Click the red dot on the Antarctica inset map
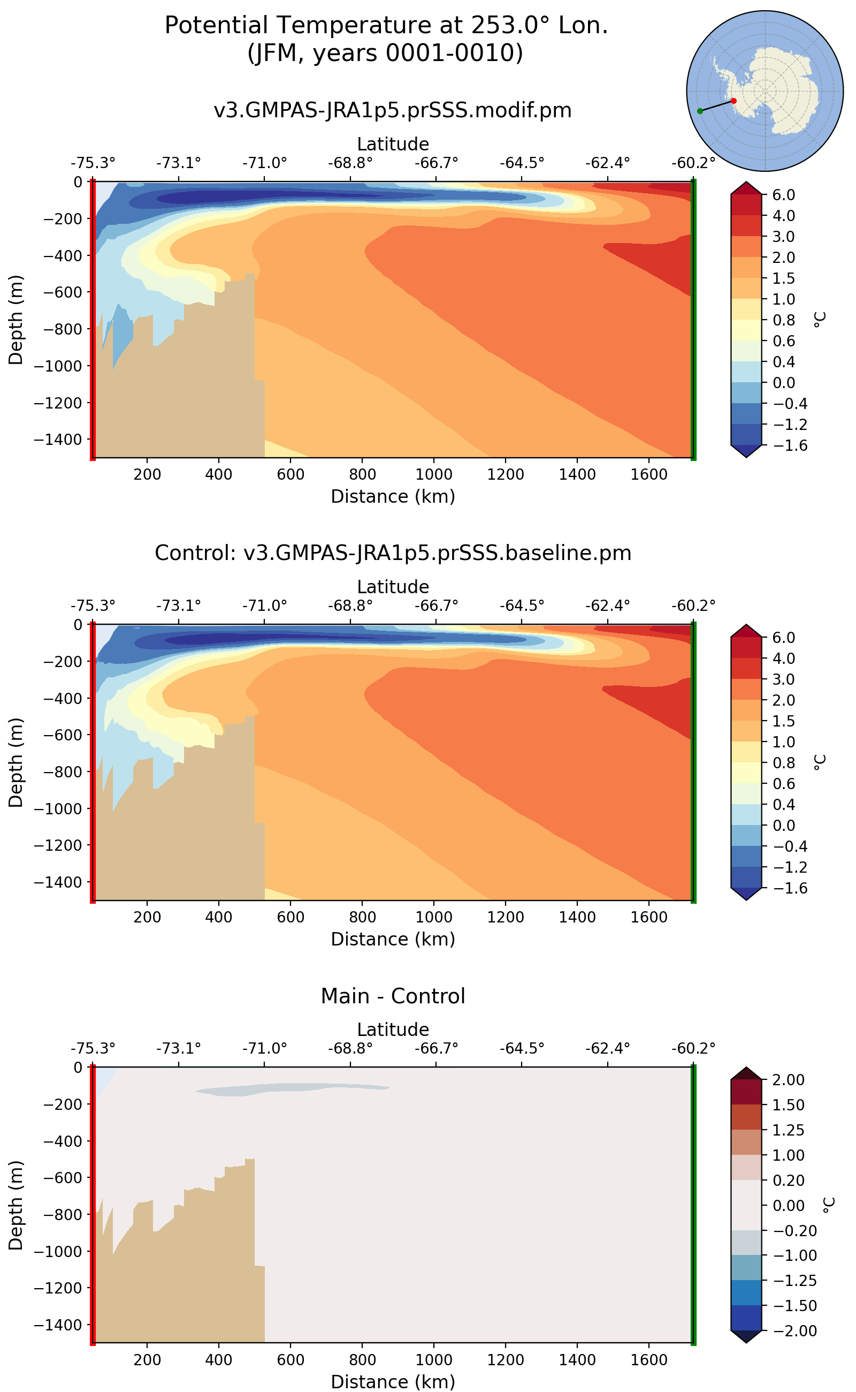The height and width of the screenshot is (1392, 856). coord(733,101)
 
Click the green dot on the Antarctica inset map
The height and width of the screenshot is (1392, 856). coord(700,111)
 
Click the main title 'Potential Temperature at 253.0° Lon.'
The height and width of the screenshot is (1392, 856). coord(386,26)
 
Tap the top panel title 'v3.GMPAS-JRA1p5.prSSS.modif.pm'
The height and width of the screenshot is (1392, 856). coord(392,110)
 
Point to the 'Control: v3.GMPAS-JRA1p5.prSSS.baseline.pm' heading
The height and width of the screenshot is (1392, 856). coord(392,553)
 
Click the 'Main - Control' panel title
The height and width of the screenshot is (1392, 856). coord(392,995)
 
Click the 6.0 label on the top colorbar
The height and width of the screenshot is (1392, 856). coord(784,195)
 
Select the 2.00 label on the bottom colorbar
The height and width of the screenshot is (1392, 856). coord(788,1080)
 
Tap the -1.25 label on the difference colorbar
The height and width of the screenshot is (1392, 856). coord(788,1281)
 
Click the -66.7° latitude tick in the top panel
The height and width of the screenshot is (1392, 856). coord(436,163)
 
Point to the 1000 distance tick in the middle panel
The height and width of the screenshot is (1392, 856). coord(434,917)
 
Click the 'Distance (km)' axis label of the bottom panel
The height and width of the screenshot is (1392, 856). coord(392,1381)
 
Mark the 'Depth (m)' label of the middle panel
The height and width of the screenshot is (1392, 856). coord(16,762)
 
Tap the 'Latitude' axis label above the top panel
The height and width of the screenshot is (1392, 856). coord(392,144)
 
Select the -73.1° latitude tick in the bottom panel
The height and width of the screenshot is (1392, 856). coord(178,1049)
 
